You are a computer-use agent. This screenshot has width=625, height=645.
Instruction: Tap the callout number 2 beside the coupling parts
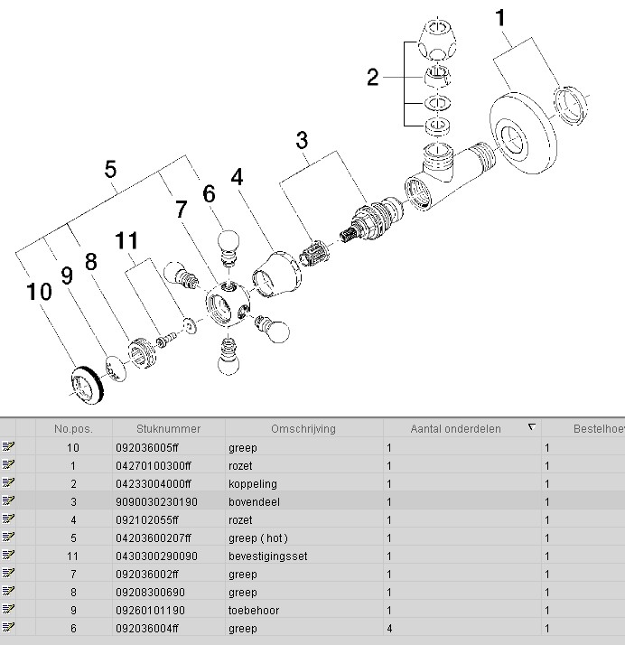(x=373, y=78)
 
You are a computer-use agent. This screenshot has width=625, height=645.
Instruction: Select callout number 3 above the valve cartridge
(x=302, y=140)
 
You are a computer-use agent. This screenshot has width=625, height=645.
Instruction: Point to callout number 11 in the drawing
(x=128, y=241)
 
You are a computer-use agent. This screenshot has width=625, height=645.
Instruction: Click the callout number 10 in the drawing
(x=39, y=293)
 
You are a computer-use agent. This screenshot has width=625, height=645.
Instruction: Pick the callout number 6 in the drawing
(x=209, y=193)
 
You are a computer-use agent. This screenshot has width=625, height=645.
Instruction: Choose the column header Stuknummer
(x=168, y=429)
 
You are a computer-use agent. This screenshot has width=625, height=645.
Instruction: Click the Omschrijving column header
(x=303, y=429)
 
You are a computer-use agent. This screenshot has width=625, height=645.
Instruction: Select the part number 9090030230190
(x=156, y=502)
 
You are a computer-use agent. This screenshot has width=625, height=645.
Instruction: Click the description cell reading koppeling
(x=252, y=484)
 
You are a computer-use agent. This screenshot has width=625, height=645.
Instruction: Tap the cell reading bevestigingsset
(x=267, y=556)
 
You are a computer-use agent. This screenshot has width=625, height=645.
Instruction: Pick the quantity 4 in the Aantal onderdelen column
(x=389, y=629)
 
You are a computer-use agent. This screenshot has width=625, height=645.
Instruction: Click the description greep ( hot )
(x=257, y=538)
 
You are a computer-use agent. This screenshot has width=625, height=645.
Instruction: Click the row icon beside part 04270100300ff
(x=9, y=466)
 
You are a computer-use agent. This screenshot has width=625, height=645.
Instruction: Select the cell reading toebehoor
(x=253, y=611)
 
